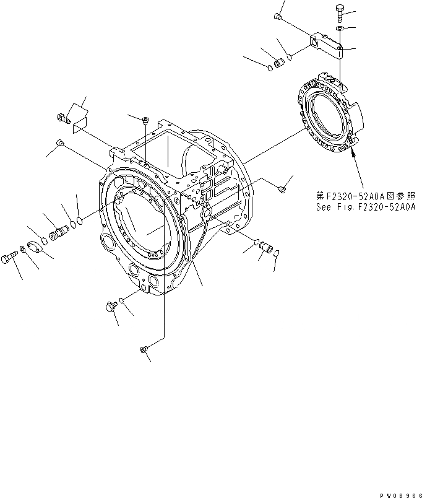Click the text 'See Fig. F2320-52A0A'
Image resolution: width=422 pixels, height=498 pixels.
364,207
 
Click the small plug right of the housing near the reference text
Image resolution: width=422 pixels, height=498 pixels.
282,188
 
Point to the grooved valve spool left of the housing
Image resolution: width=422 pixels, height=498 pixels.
59,234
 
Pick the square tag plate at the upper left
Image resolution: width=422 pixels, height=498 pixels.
79,120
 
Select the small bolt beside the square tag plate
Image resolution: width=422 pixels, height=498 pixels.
63,116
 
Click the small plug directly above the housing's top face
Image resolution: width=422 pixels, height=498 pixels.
144,119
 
